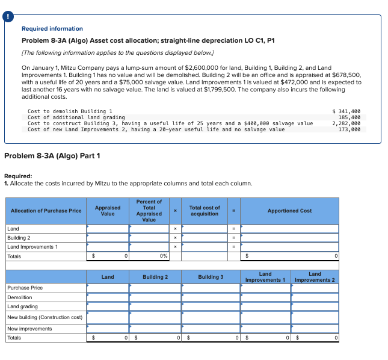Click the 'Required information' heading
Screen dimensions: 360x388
tap(52, 29)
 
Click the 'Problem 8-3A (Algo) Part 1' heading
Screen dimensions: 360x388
tap(52, 157)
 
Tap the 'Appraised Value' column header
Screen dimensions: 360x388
tap(108, 211)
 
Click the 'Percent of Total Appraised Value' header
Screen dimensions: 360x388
tap(149, 211)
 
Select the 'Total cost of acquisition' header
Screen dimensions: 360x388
tap(205, 211)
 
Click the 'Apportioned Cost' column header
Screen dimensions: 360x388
tap(289, 211)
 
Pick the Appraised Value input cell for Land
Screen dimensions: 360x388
tap(108, 229)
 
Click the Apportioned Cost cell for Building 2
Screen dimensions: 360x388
tap(289, 238)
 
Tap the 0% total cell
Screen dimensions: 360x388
tap(149, 256)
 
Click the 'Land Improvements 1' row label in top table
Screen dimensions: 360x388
tap(32, 247)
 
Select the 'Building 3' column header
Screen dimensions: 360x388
tap(211, 277)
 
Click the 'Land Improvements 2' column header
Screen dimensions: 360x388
tap(315, 277)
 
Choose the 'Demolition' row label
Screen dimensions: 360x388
tap(20, 297)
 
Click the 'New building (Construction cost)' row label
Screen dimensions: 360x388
tap(45, 317)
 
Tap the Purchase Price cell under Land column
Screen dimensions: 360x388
tap(108, 288)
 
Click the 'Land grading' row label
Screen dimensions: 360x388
tap(22, 306)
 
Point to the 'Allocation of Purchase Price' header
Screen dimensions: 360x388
tap(46, 211)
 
